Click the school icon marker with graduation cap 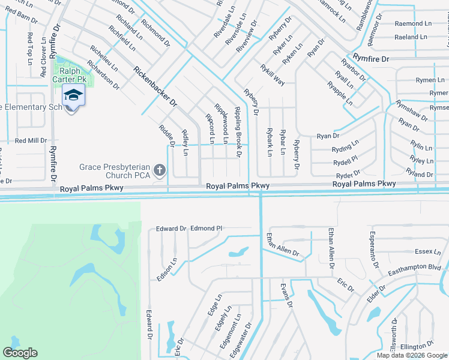pyautogui.click(x=73, y=95)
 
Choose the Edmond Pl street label pyautogui.click(x=206, y=229)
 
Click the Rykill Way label pyautogui.click(x=272, y=75)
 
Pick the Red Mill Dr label pyautogui.click(x=31, y=140)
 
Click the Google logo pyautogui.click(x=20, y=353)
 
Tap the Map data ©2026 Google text pyautogui.click(x=412, y=355)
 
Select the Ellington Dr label pyautogui.click(x=417, y=347)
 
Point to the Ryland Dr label pyautogui.click(x=420, y=174)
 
